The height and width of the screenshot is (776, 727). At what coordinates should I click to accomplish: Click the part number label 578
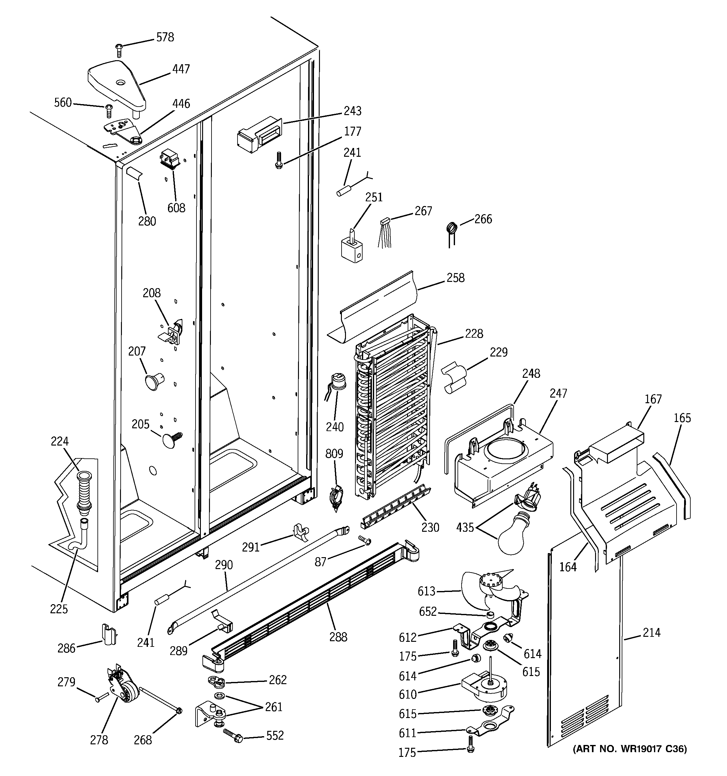click(165, 38)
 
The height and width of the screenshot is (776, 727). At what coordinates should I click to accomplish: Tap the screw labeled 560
click(109, 111)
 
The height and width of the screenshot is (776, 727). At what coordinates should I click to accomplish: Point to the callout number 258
click(455, 278)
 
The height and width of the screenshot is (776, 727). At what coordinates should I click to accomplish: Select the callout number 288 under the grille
click(338, 637)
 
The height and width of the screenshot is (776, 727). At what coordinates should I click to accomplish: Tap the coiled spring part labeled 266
click(452, 228)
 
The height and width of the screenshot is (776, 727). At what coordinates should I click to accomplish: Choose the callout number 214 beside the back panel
click(652, 632)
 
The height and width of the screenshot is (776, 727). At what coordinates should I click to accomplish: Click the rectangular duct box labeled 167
click(617, 445)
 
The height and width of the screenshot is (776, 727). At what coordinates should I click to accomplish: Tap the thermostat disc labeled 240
click(338, 382)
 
